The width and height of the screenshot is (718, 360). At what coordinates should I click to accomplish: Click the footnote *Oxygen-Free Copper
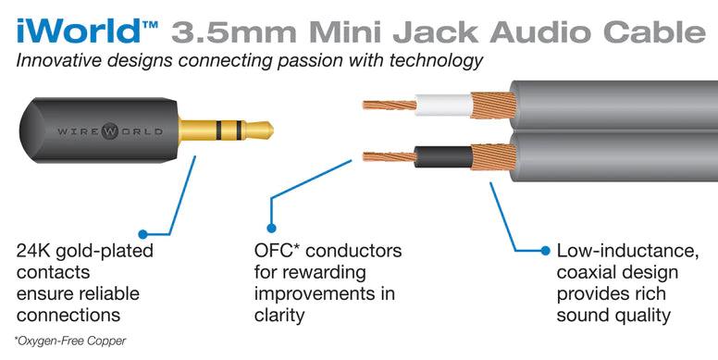click(x=70, y=341)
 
